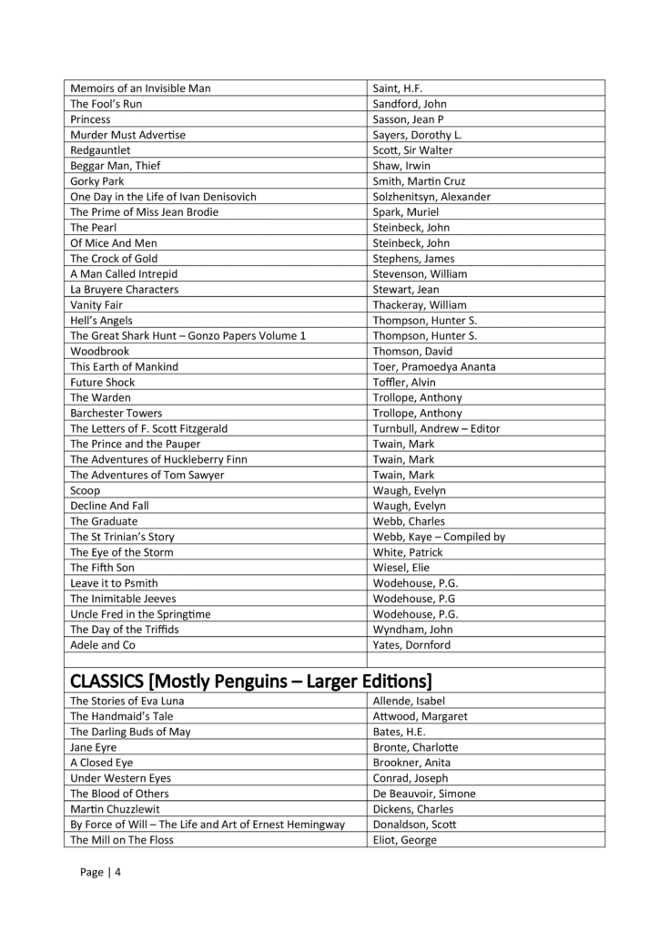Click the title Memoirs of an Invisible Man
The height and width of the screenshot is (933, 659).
pyautogui.click(x=147, y=88)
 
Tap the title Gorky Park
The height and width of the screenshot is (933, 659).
pyautogui.click(x=97, y=181)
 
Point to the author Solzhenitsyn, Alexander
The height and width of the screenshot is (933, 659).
pyautogui.click(x=431, y=197)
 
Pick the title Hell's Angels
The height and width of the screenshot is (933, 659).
pyautogui.click(x=101, y=320)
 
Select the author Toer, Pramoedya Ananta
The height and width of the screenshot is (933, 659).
pyautogui.click(x=434, y=366)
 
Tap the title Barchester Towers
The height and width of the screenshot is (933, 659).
pyautogui.click(x=117, y=413)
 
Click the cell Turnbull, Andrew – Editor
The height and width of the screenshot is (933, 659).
pyautogui.click(x=436, y=428)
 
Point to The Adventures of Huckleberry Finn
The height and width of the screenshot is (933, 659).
pyautogui.click(x=158, y=459)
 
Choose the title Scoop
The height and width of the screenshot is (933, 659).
pyautogui.click(x=85, y=490)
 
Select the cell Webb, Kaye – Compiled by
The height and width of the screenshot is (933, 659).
pyautogui.click(x=439, y=537)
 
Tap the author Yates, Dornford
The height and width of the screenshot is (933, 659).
pyautogui.click(x=411, y=645)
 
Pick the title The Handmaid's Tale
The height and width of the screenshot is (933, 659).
pyautogui.click(x=119, y=716)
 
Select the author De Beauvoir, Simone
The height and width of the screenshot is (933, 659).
pyautogui.click(x=424, y=794)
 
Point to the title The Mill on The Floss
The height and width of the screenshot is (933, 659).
pyautogui.click(x=122, y=840)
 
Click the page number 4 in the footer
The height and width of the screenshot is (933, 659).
pyautogui.click(x=117, y=873)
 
